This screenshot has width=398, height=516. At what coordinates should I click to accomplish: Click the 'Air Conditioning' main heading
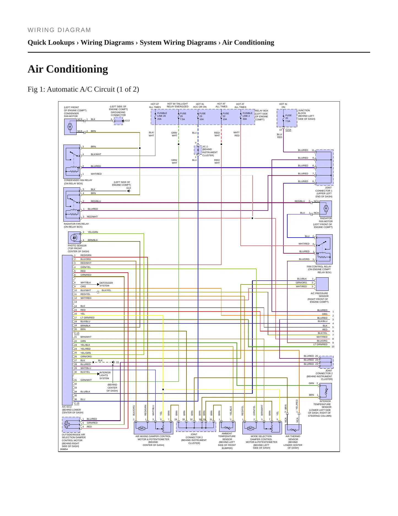coord(68,69)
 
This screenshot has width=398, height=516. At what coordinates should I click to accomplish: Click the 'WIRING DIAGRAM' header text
coord(59,30)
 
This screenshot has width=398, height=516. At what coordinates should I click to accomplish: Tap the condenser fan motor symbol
coord(70,127)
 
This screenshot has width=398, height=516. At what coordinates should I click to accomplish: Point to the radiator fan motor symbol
coord(326,209)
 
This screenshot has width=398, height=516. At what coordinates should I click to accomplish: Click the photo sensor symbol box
coord(74,238)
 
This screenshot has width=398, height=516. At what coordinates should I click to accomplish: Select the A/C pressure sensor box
coord(322,284)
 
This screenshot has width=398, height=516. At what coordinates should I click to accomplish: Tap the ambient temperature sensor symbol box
coord(227,427)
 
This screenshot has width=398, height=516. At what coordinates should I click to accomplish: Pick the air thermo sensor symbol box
coord(293,429)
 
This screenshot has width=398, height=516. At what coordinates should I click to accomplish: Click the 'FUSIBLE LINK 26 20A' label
coord(162,116)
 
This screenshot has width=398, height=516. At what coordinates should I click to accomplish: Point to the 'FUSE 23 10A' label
coord(202,116)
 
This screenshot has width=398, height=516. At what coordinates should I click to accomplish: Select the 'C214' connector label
coord(288,130)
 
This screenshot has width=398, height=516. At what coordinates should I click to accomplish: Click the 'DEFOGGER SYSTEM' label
coord(106,284)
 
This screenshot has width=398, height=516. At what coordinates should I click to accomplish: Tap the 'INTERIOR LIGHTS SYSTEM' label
coord(105,375)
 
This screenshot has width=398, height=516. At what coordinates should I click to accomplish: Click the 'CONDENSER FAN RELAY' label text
coord(78,180)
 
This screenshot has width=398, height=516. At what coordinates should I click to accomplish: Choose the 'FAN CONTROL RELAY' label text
coord(319,267)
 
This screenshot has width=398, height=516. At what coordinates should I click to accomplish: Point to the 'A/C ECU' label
coord(67,407)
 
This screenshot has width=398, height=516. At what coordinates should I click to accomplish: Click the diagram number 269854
coord(64,449)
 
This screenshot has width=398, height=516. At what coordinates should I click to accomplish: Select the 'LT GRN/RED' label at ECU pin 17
coord(87,318)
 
